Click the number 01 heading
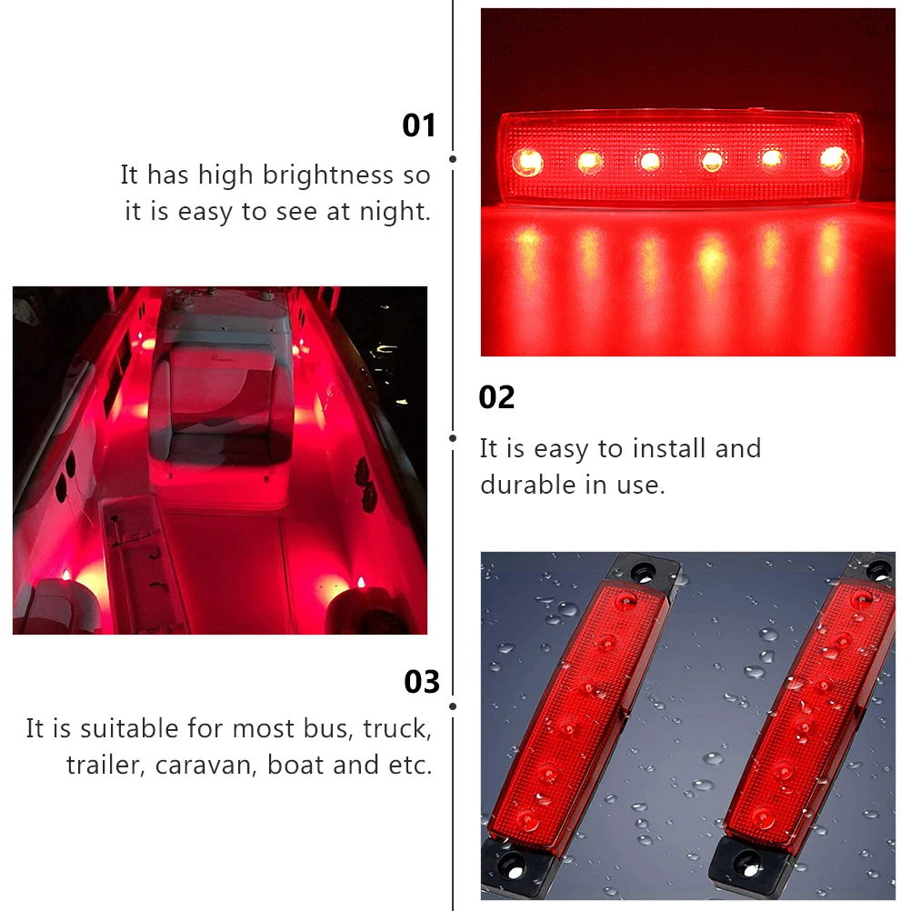pyautogui.click(x=419, y=125)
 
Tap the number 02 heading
pyautogui.click(x=496, y=397)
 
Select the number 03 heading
pyautogui.click(x=422, y=682)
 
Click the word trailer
pyautogui.click(x=105, y=766)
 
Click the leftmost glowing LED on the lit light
pyautogui.click(x=527, y=163)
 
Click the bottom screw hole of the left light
pyautogui.click(x=513, y=862)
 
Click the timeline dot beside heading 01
pyautogui.click(x=453, y=159)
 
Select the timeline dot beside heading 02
pyautogui.click(x=453, y=437)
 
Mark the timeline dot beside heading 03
pyautogui.click(x=453, y=706)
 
